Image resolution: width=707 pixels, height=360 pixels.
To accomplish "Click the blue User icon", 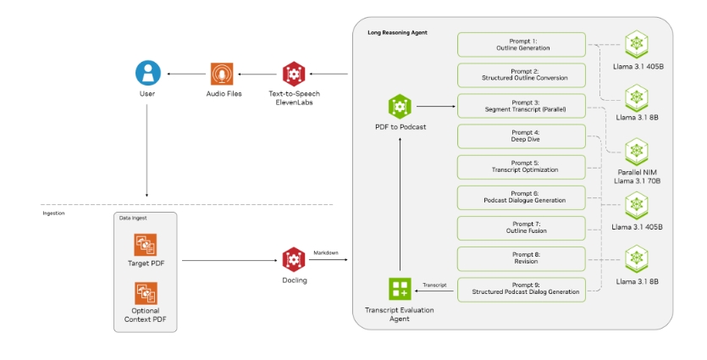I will pos(148,73).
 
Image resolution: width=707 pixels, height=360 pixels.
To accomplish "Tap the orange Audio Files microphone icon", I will pos(224,74).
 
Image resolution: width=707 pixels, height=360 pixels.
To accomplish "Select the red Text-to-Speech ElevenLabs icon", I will pos(293,74).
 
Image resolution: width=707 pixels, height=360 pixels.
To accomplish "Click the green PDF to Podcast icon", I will pos(400,107).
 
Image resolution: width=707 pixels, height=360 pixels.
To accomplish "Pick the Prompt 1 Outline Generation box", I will pos(522,44).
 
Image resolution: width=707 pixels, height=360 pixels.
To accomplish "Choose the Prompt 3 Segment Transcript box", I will pos(522,106).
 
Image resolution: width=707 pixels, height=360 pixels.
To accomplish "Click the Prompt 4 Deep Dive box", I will pos(522,136).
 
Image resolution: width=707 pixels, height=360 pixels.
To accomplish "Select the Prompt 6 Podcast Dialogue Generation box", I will pos(522,197).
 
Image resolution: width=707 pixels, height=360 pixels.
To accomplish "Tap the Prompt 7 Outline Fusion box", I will pos(522,228).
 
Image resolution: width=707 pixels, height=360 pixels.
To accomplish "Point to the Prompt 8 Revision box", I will pos(522,258).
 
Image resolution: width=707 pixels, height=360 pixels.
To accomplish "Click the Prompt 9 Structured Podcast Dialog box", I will pos(522,288).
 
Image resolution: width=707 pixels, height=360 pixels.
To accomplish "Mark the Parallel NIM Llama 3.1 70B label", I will pos(637,176).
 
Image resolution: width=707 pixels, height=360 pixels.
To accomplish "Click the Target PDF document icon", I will pos(146,244).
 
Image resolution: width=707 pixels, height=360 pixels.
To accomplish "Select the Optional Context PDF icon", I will pos(146,293).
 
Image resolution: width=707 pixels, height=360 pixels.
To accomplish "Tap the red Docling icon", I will pos(293,258).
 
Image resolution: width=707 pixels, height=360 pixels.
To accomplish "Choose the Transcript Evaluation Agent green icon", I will pos(400,289).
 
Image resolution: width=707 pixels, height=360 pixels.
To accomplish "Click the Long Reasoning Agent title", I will pos(398,32).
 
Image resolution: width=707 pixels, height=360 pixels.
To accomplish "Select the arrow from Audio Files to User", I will pos(185,74).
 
